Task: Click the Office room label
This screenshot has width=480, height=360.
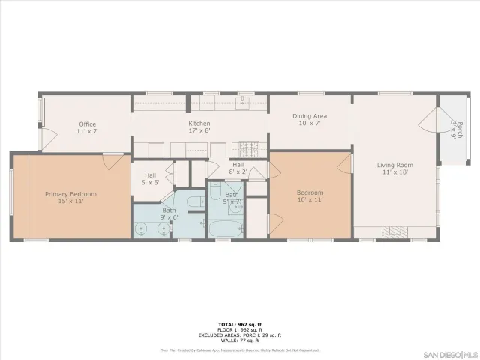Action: pyautogui.click(x=88, y=124)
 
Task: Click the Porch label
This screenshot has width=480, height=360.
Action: pyautogui.click(x=455, y=130)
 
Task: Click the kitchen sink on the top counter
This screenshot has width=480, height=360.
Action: pyautogui.click(x=242, y=103)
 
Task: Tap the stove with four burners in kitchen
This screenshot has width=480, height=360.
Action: pyautogui.click(x=249, y=148)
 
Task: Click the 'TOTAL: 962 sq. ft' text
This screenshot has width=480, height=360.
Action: pyautogui.click(x=239, y=323)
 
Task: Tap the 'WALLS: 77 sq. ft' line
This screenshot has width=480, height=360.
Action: pyautogui.click(x=239, y=340)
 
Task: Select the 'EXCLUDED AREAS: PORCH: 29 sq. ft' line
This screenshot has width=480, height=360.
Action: pyautogui.click(x=239, y=334)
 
